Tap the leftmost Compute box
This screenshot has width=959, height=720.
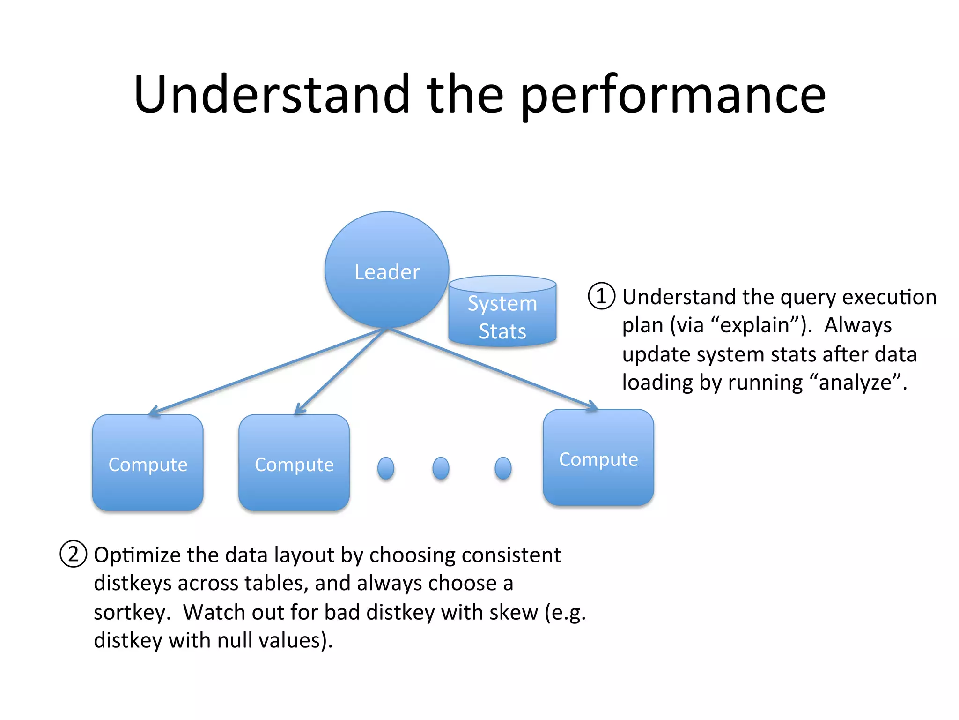148,463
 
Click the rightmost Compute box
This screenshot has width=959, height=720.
598,458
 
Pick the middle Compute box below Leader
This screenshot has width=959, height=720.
294,463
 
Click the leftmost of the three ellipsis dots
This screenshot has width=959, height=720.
386,468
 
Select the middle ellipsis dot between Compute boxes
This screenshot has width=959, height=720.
441,468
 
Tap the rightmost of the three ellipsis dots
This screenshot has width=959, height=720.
503,468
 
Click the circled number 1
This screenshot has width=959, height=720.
601,296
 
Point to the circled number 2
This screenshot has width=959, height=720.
74,554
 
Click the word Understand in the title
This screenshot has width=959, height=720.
272,95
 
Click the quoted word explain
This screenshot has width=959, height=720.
755,325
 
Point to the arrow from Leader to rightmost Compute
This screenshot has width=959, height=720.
492,368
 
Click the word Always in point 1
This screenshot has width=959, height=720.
858,325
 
